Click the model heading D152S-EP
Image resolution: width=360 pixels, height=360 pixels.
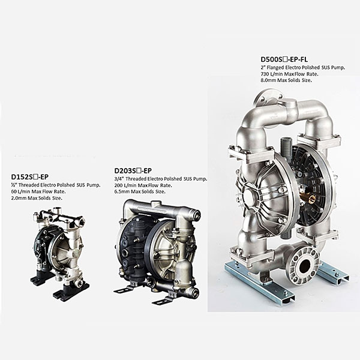click(30, 177)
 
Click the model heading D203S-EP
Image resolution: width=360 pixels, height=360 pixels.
click(133, 171)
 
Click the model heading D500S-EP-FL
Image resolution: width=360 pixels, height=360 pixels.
click(284, 59)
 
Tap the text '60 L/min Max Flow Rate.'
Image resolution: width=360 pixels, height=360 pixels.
click(38, 191)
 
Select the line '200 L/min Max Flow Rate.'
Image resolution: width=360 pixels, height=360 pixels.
click(143, 185)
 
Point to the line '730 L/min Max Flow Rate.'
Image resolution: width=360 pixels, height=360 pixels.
click(289, 74)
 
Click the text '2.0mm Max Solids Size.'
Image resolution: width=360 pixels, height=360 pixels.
click(37, 198)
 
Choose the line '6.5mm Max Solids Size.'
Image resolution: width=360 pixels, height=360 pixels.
click(140, 191)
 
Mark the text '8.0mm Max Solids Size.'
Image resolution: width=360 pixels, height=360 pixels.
click(286, 80)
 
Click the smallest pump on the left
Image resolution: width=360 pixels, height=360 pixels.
click(60, 253)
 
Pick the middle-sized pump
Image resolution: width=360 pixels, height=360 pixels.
click(157, 251)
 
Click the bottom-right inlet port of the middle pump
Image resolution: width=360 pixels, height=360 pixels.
click(194, 292)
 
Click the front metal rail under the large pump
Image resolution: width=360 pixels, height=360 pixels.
click(259, 284)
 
